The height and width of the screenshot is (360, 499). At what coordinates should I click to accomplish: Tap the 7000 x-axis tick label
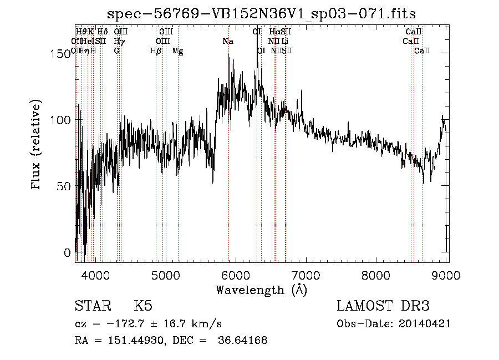click(307, 274)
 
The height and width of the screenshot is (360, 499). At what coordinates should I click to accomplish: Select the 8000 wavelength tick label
click(377, 274)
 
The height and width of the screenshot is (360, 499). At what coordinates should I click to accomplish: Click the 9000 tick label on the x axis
click(447, 274)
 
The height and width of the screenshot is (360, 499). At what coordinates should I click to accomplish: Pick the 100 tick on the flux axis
click(62, 120)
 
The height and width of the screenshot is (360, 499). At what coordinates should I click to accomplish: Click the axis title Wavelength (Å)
click(261, 290)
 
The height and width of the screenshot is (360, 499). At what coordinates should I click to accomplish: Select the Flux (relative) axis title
click(37, 145)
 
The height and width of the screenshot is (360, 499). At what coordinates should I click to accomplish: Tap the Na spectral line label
click(228, 41)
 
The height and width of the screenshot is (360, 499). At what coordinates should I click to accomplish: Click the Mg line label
click(177, 50)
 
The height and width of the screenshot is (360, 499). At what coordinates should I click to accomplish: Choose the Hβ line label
click(156, 50)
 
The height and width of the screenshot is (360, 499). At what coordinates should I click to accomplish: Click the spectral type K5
click(143, 306)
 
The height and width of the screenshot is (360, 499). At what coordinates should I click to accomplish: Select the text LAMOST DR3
click(383, 306)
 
